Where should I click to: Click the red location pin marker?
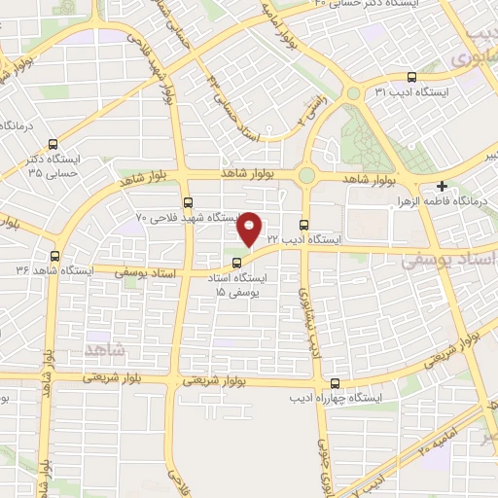pyautogui.click(x=250, y=228)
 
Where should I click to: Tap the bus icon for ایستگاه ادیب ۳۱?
pyautogui.click(x=411, y=77)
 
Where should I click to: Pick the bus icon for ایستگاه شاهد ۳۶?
pyautogui.click(x=53, y=257)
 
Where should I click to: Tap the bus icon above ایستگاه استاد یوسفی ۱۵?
pyautogui.click(x=238, y=262)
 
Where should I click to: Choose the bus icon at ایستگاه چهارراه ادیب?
pyautogui.click(x=336, y=383)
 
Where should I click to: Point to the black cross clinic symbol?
pyautogui.click(x=443, y=186)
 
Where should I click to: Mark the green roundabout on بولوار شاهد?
pyautogui.click(x=307, y=175)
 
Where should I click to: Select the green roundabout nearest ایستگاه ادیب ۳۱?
pyautogui.click(x=353, y=93)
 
